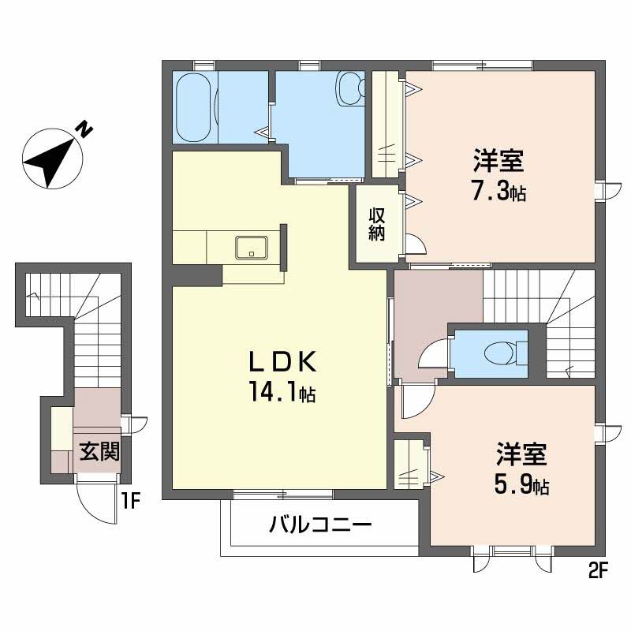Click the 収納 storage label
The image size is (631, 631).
[x=375, y=224]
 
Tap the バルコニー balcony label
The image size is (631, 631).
[x=319, y=524]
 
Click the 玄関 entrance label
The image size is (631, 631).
[x=99, y=453]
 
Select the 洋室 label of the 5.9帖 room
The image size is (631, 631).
[x=521, y=456]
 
